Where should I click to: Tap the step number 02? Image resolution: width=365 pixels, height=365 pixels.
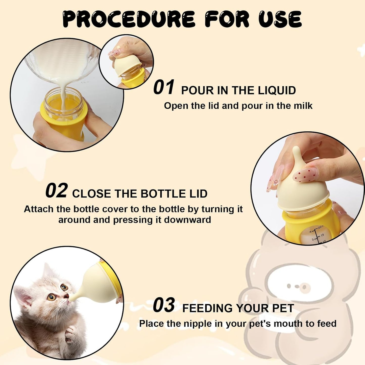coord(56,191)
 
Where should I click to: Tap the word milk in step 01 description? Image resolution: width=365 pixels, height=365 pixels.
coord(303,106)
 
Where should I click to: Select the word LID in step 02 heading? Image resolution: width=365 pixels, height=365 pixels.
coord(198,194)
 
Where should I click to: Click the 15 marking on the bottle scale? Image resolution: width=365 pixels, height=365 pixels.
coord(322,235)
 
